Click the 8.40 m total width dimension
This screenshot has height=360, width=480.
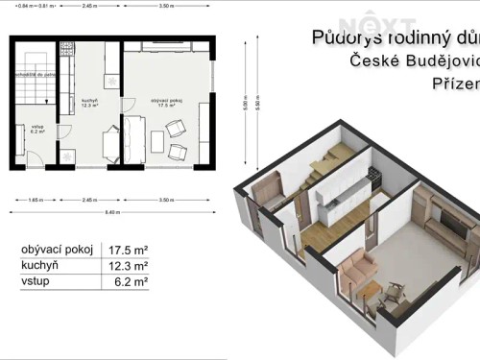click(112, 211)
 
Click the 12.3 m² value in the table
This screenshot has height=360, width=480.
click(129, 266)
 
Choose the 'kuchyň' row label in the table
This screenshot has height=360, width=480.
click(39, 266)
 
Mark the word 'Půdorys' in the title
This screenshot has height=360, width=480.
click(344, 37)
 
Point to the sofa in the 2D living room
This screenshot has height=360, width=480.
click(133, 139)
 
